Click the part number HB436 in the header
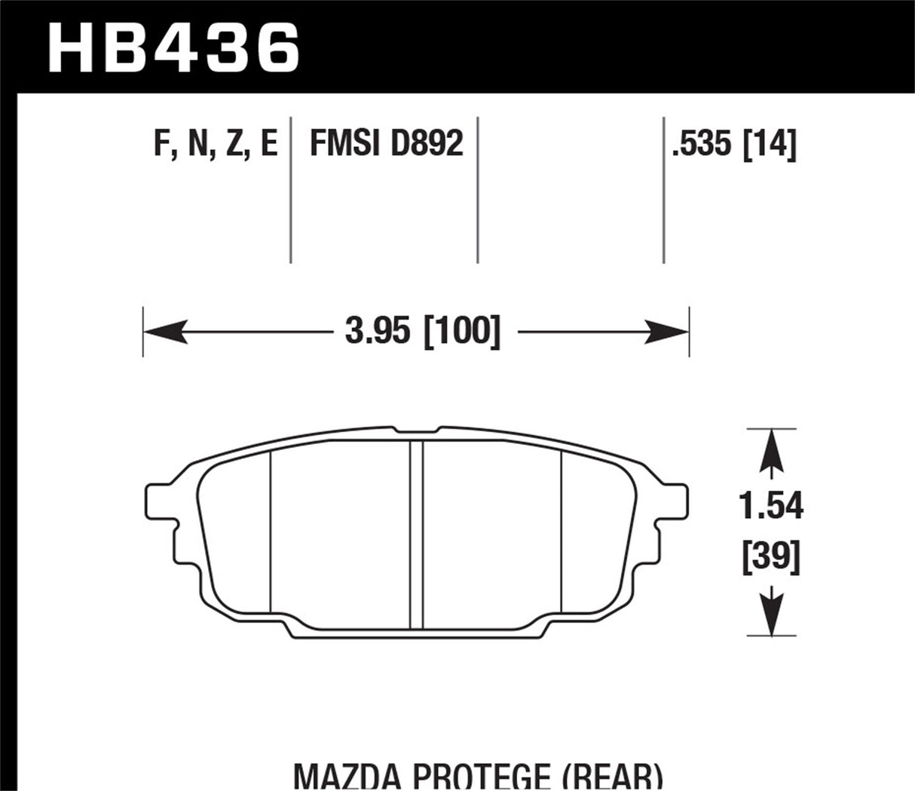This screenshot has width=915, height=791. pyautogui.click(x=173, y=47)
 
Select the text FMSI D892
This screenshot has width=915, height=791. pyautogui.click(x=386, y=143)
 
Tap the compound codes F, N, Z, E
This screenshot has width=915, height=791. pyautogui.click(x=216, y=143)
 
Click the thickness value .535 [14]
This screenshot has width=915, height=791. pyautogui.click(x=733, y=143)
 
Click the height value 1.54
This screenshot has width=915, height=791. pyautogui.click(x=770, y=507)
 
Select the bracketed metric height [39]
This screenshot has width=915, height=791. pyautogui.click(x=770, y=558)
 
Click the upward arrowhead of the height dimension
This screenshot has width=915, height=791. pyautogui.click(x=770, y=449)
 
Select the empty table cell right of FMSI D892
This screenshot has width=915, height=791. pyautogui.click(x=571, y=189)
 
